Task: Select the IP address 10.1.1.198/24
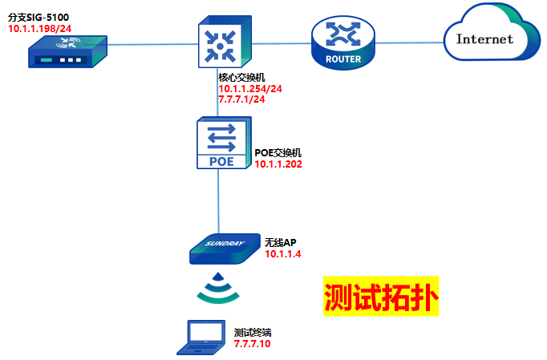click(x=38, y=29)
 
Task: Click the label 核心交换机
click(x=241, y=77)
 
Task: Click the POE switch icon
click(x=222, y=144)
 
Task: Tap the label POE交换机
click(x=278, y=152)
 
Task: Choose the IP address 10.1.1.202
click(x=278, y=164)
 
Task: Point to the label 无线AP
click(x=281, y=241)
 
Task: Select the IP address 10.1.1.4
click(x=282, y=253)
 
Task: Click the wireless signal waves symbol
click(x=218, y=289)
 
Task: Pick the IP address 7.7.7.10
click(x=253, y=343)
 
